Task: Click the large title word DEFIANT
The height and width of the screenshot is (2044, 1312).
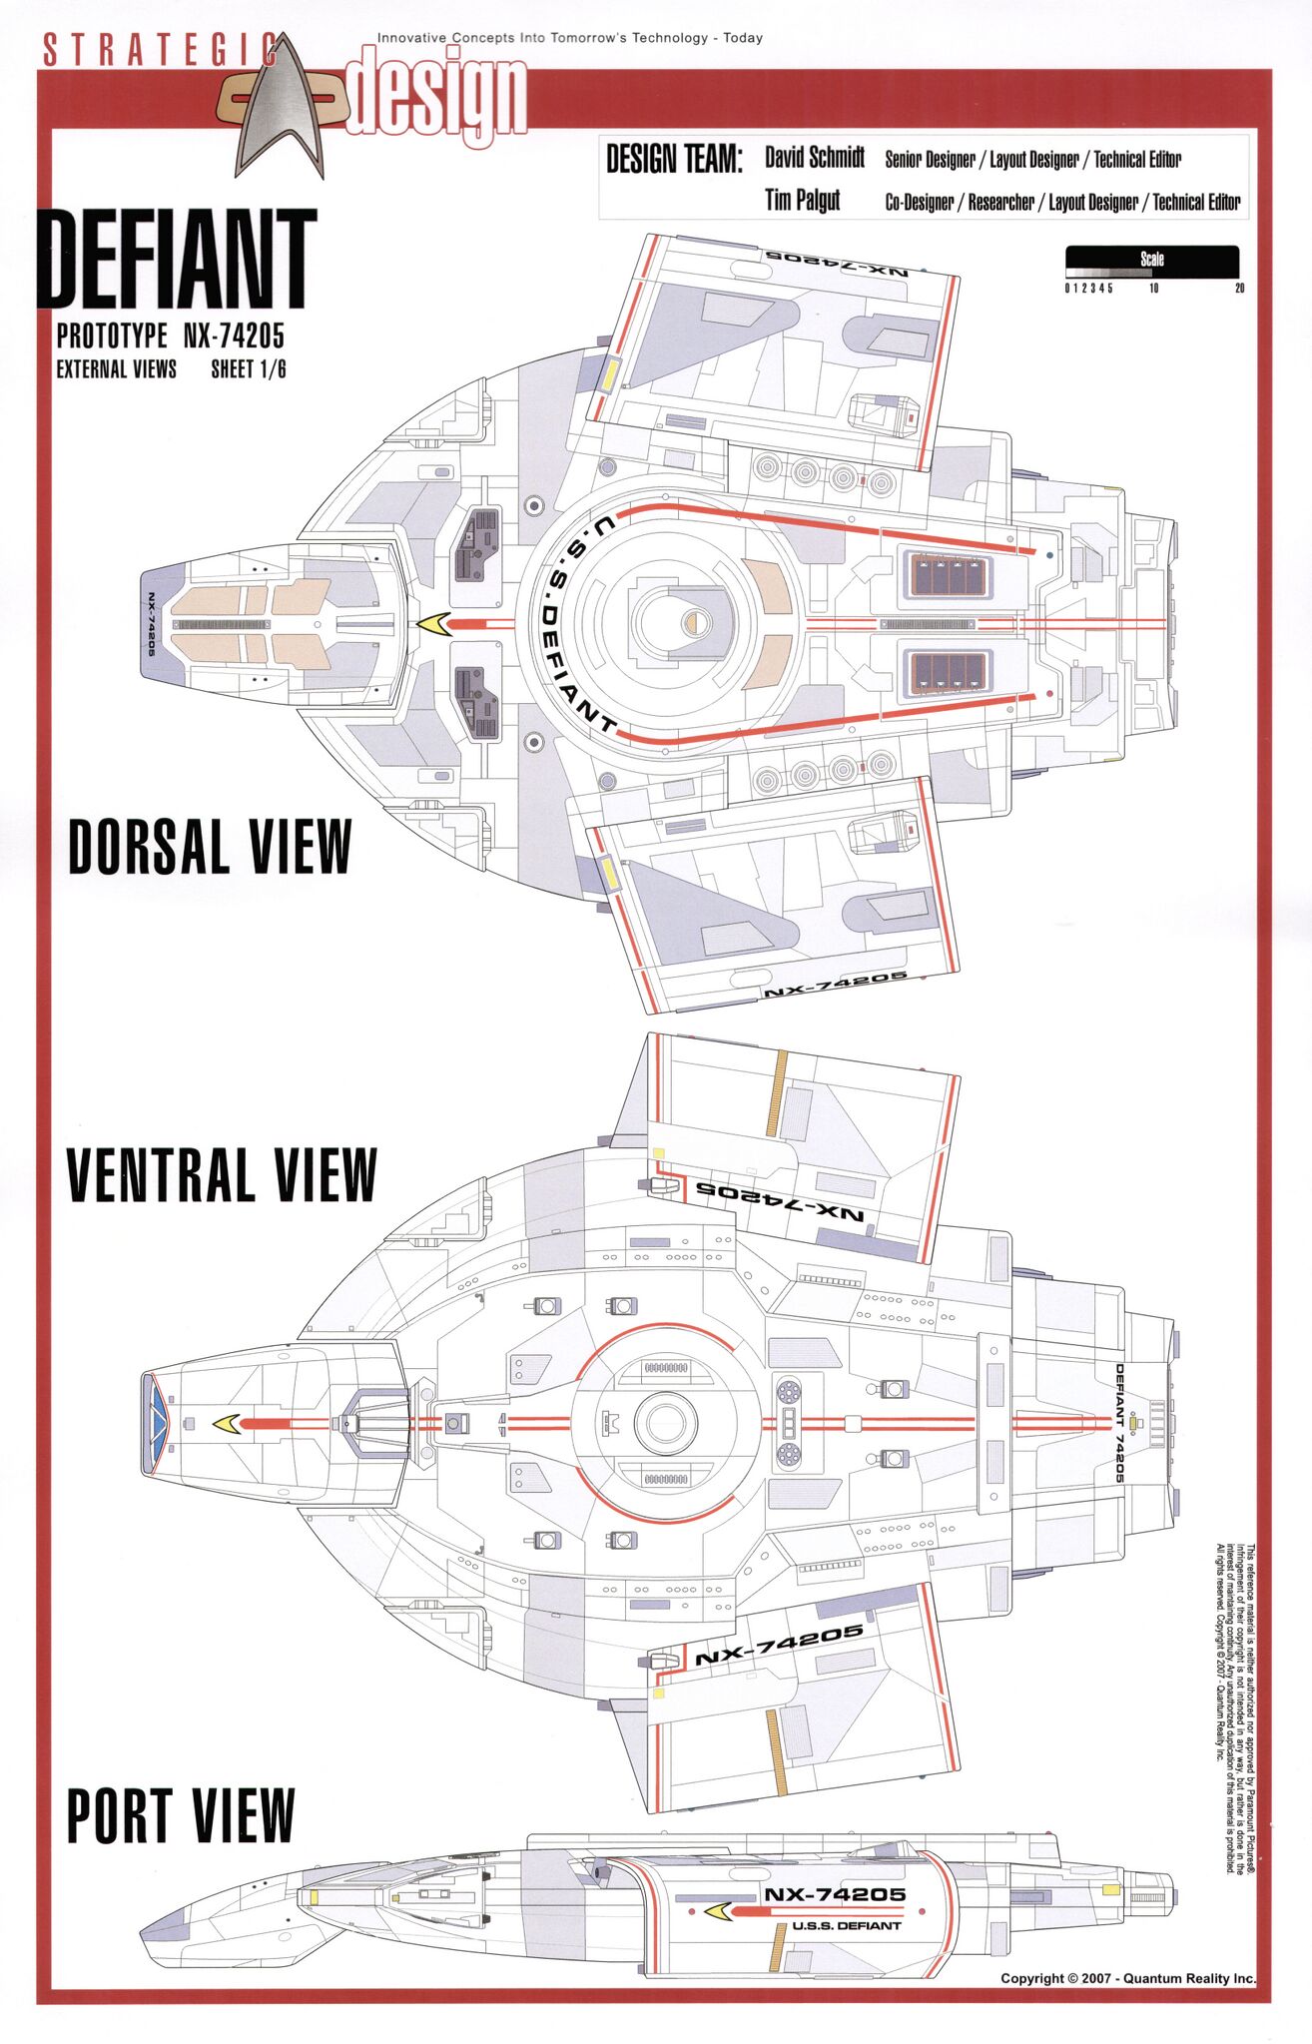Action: point(178,260)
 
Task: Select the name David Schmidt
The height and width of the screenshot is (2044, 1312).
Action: point(815,158)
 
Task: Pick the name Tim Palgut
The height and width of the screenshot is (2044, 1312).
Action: point(802,201)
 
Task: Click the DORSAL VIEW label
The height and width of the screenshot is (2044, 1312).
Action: point(210,846)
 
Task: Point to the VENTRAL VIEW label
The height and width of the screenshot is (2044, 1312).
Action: point(221,1174)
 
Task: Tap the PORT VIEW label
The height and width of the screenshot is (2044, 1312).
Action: point(181,1816)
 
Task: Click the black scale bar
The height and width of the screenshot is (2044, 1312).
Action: point(1151,261)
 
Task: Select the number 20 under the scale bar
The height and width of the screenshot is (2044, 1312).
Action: point(1239,289)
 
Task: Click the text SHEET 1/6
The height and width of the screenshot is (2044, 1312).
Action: point(248,369)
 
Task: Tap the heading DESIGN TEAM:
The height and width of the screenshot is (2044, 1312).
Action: point(674,160)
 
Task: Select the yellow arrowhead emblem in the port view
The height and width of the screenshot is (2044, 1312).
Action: point(717,1911)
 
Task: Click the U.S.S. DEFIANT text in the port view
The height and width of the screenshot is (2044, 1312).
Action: point(847,1926)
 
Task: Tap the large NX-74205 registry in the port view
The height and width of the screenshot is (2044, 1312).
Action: point(835,1894)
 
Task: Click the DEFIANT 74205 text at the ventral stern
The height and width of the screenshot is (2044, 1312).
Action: point(1119,1422)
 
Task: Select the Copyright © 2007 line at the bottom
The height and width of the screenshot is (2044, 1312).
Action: point(1127,1978)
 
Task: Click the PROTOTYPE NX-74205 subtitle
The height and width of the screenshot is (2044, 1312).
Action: point(170,336)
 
